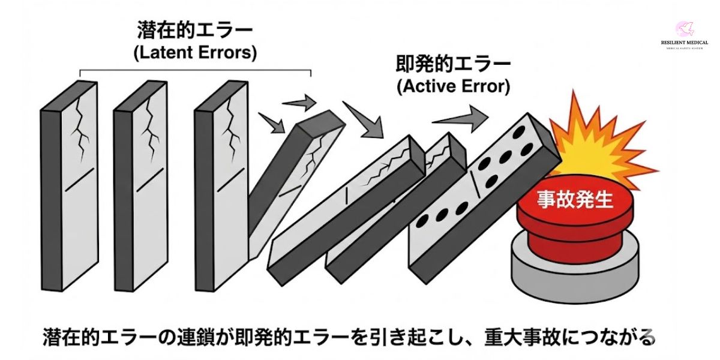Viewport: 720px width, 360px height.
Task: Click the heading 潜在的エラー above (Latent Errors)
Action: pyautogui.click(x=195, y=30)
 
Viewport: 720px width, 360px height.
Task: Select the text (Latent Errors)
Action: pyautogui.click(x=195, y=53)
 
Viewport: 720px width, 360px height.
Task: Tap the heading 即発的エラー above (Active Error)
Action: pyautogui.click(x=453, y=64)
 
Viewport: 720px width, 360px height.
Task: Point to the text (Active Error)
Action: pyautogui.click(x=453, y=86)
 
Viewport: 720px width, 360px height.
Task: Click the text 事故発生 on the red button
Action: pyautogui.click(x=574, y=200)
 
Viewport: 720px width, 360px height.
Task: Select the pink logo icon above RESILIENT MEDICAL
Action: pyautogui.click(x=685, y=28)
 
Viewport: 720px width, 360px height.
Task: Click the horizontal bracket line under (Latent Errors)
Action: pyautogui.click(x=195, y=71)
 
